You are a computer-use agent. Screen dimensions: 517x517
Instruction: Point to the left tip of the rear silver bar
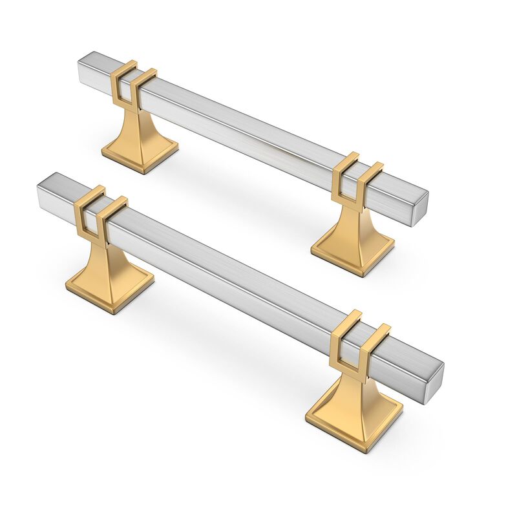point(81,70)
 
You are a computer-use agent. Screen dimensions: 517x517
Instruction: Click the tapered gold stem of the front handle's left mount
point(106,255)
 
